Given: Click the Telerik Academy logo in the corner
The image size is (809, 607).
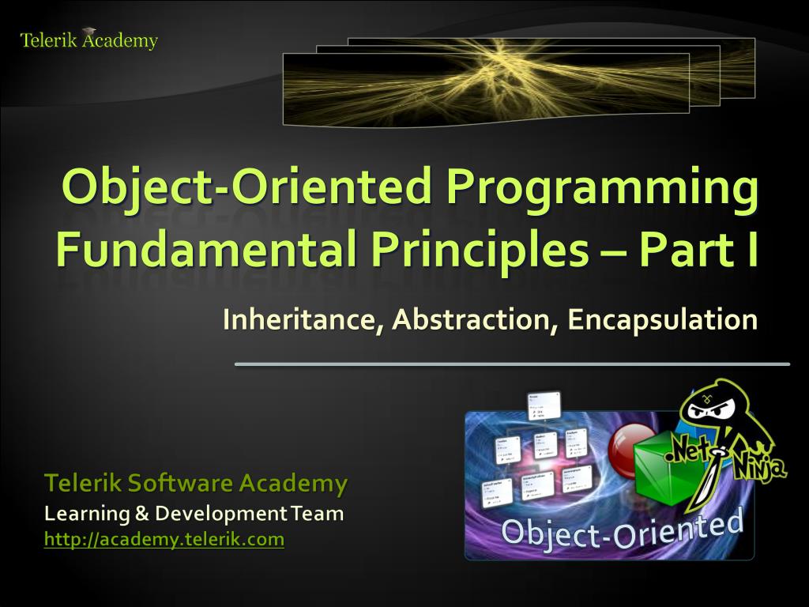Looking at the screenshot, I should (88, 40).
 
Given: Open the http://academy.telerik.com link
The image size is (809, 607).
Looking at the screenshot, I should (164, 540).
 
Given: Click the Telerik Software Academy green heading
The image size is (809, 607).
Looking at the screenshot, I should (195, 482).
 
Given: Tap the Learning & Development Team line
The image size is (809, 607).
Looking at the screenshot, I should (194, 514).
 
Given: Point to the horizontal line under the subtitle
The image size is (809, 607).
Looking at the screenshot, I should (512, 364).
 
